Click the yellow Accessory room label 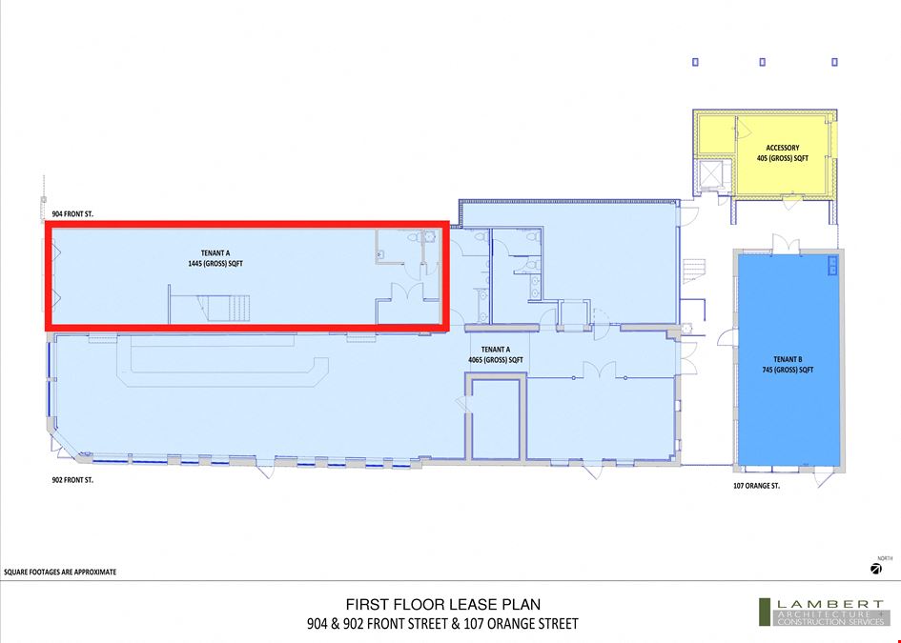coord(782,152)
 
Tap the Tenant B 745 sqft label coord(788,365)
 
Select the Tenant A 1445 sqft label coord(215,258)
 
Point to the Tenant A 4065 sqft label coord(496,354)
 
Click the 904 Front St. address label coord(72,214)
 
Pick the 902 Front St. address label coord(72,480)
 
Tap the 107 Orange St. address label coord(756,486)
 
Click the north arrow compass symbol coord(875,569)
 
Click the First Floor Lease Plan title coord(443,605)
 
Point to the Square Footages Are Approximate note coord(60,573)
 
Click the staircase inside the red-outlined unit coord(225,309)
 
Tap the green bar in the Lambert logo coord(765,612)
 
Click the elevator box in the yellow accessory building coord(713,174)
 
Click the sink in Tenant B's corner coord(832,265)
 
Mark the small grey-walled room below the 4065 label coord(496,417)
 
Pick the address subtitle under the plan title coord(442,624)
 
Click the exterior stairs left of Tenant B coord(693,271)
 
